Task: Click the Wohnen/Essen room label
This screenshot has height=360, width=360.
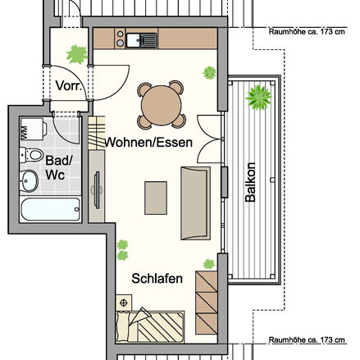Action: [149, 142]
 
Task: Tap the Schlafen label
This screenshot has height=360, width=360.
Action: [157, 279]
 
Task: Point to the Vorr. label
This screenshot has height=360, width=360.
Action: [66, 86]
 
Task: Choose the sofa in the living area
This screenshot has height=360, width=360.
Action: [195, 202]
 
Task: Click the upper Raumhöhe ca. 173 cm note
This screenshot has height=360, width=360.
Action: [307, 33]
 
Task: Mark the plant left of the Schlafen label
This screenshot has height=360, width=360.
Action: [123, 244]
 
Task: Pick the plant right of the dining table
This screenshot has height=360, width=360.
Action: [208, 74]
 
